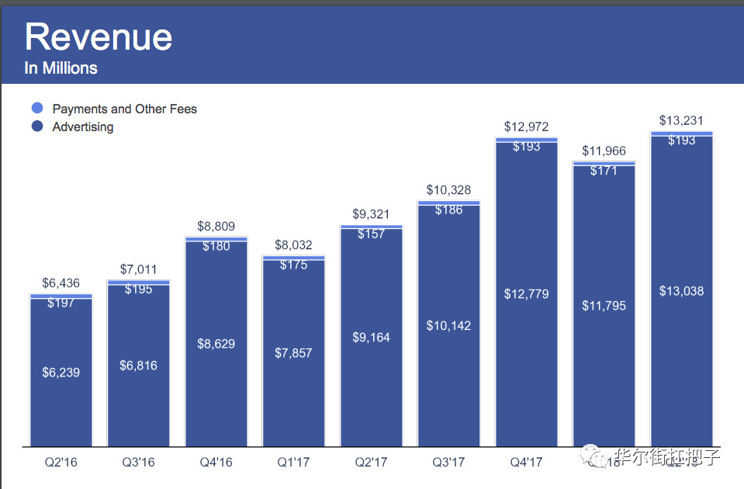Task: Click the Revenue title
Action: pyautogui.click(x=99, y=37)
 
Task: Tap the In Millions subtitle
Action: pyautogui.click(x=61, y=68)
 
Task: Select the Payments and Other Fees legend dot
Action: pyautogui.click(x=36, y=109)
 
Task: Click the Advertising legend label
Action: pyautogui.click(x=83, y=127)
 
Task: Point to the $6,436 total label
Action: pyautogui.click(x=61, y=283)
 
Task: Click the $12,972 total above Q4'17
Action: pyautogui.click(x=526, y=127)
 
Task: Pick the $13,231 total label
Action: pyautogui.click(x=681, y=120)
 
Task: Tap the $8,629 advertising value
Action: pyautogui.click(x=216, y=344)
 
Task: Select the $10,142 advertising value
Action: pyautogui.click(x=448, y=326)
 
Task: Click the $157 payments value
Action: pyautogui.click(x=371, y=234)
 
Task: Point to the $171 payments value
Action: pyautogui.click(x=604, y=170)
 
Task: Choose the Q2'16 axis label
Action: pyautogui.click(x=61, y=463)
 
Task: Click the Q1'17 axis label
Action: pyautogui.click(x=293, y=463)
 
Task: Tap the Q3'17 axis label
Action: pyautogui.click(x=448, y=463)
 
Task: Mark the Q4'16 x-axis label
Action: pyautogui.click(x=216, y=463)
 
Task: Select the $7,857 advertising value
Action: pyautogui.click(x=293, y=353)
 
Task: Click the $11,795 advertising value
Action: pyautogui.click(x=604, y=306)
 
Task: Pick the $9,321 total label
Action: pyautogui.click(x=371, y=214)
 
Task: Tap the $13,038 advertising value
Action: pyautogui.click(x=681, y=291)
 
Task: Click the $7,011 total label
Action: pyautogui.click(x=138, y=269)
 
